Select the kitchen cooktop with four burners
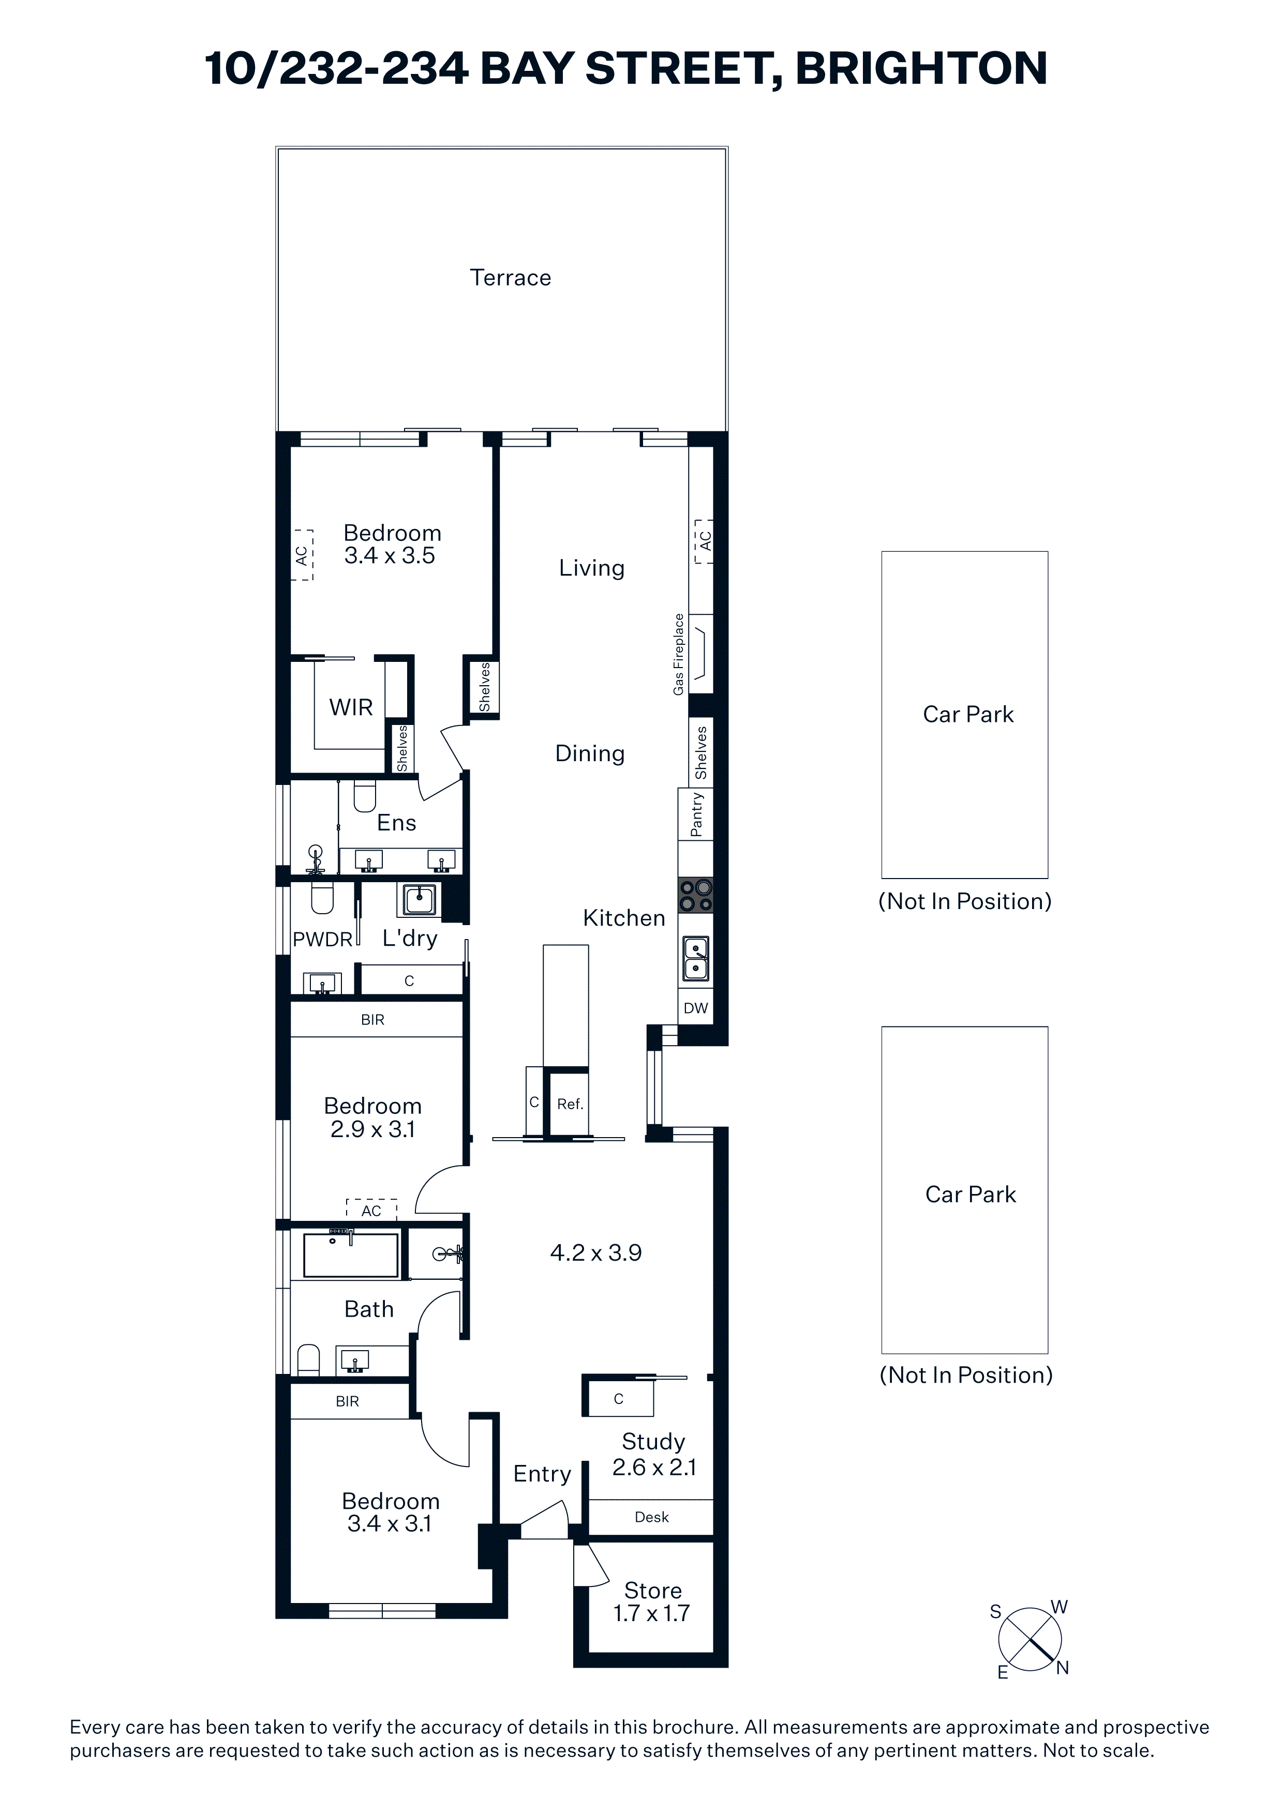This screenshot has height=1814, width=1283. point(696,895)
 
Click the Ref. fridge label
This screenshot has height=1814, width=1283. point(570,1103)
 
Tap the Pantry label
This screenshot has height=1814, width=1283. point(696,814)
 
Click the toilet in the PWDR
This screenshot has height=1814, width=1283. point(322,898)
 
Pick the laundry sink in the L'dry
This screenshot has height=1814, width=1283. point(420,899)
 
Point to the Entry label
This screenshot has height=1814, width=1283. point(542,1474)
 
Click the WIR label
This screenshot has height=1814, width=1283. point(351,707)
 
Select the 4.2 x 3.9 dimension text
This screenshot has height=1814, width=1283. point(596,1252)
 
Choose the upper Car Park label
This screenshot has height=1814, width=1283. point(968,714)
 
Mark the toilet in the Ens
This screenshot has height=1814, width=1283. point(364,796)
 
